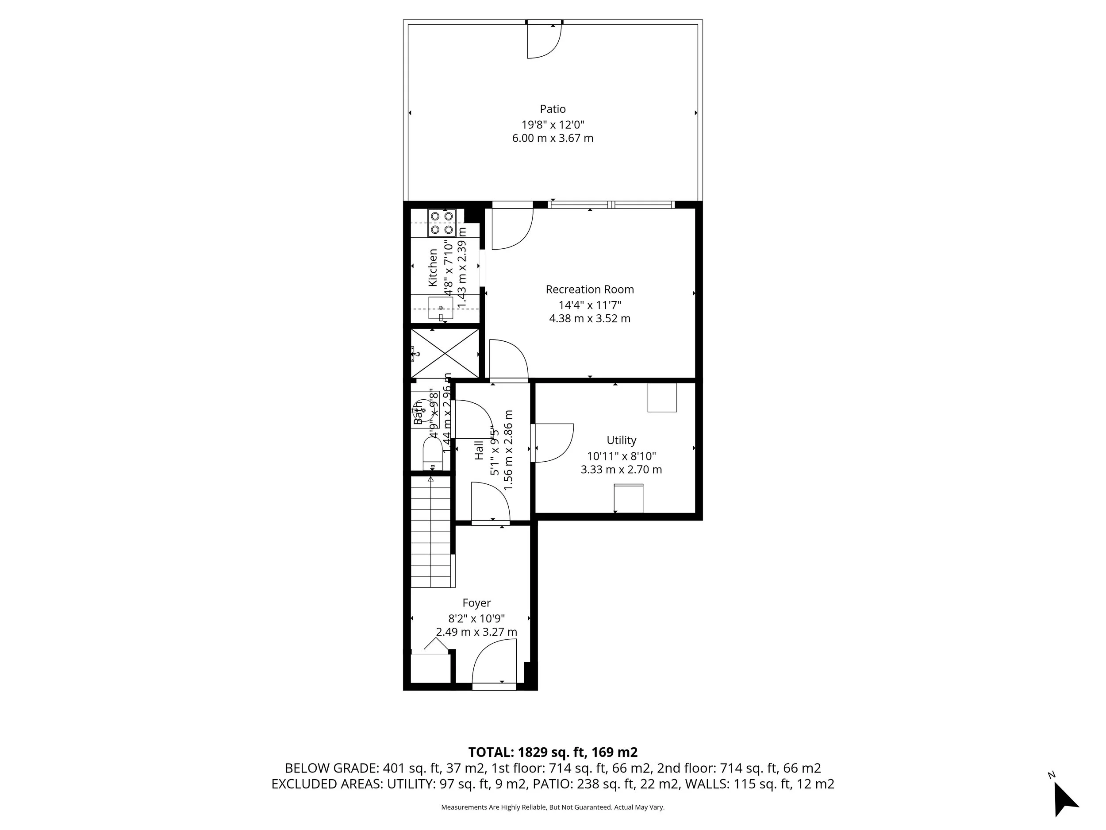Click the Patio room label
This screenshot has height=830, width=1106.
pos(553,109)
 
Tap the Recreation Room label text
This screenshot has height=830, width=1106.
pos(590,289)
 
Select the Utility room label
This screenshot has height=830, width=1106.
pos(621,440)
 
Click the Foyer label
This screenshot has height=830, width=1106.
pos(476,603)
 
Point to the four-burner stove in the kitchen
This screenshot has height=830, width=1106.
pos(442,223)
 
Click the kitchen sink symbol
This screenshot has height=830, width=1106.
pos(441,308)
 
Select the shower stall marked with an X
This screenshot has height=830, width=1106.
pos(444,354)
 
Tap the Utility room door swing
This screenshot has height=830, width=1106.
pos(553,443)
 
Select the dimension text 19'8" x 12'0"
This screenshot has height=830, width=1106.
pos(553,124)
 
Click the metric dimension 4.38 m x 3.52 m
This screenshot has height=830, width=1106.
pos(590,319)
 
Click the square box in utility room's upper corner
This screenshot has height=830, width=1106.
pos(661,398)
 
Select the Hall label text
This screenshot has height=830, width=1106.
pos(479,450)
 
